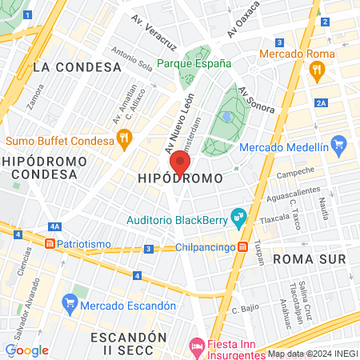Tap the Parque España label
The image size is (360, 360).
[194, 63]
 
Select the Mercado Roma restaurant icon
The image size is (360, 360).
[318, 70]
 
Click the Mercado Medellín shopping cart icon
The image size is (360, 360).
[339, 146]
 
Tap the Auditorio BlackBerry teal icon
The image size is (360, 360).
[238, 216]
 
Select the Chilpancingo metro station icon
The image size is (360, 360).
[242, 247]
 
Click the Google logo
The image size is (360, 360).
[26, 350]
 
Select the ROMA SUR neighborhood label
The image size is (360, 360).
[309, 259]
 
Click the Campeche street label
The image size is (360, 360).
[295, 173]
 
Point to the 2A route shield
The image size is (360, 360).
[322, 103]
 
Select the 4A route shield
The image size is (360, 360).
[55, 226]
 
